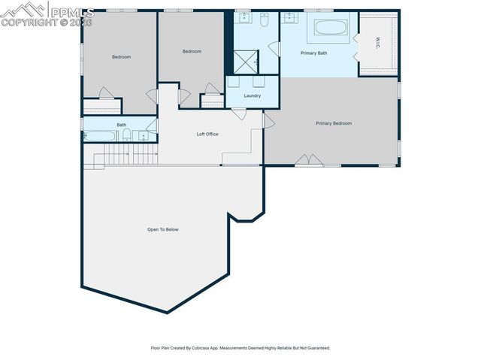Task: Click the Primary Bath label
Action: click(313, 53)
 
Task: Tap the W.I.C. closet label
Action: click(377, 43)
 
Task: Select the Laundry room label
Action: click(253, 95)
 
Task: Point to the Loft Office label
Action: click(207, 134)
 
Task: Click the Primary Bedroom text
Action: click(333, 123)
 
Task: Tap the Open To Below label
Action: click(163, 229)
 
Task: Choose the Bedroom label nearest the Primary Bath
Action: click(192, 51)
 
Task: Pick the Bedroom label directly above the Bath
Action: click(121, 57)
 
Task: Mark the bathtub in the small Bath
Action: click(100, 136)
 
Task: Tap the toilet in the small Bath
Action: click(128, 136)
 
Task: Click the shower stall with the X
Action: click(247, 61)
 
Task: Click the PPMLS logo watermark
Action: click(47, 14)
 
